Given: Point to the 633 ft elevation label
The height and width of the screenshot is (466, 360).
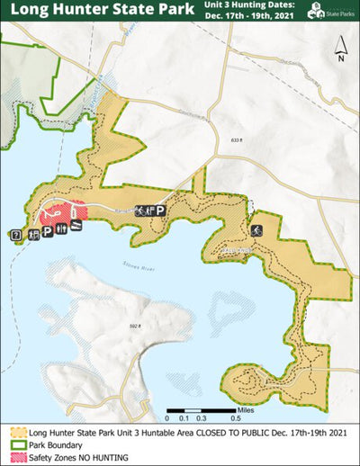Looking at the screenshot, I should [x=237, y=139].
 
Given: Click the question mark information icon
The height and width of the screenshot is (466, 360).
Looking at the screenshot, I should [x=16, y=235].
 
